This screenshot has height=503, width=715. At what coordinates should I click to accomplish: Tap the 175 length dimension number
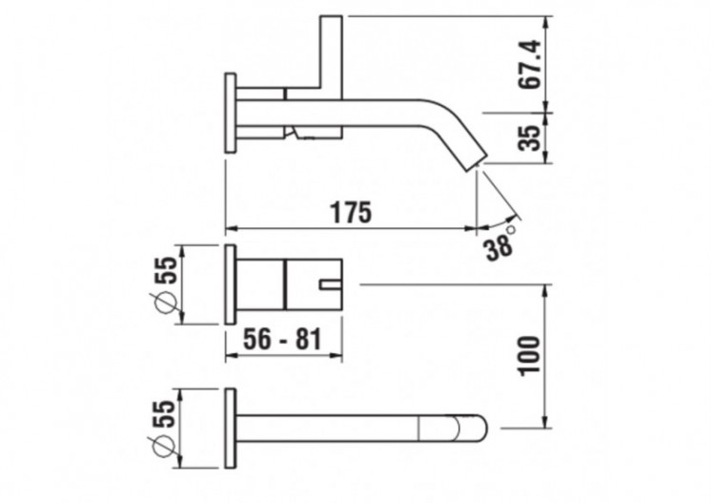pyautogui.click(x=350, y=212)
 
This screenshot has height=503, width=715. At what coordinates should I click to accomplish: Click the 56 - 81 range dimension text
pyautogui.click(x=280, y=339)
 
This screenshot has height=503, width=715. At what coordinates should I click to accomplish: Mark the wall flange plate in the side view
pyautogui.click(x=230, y=112)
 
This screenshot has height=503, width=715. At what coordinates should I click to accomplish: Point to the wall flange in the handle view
pyautogui.click(x=230, y=283)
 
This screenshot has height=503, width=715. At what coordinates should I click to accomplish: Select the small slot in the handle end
pyautogui.click(x=331, y=283)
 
